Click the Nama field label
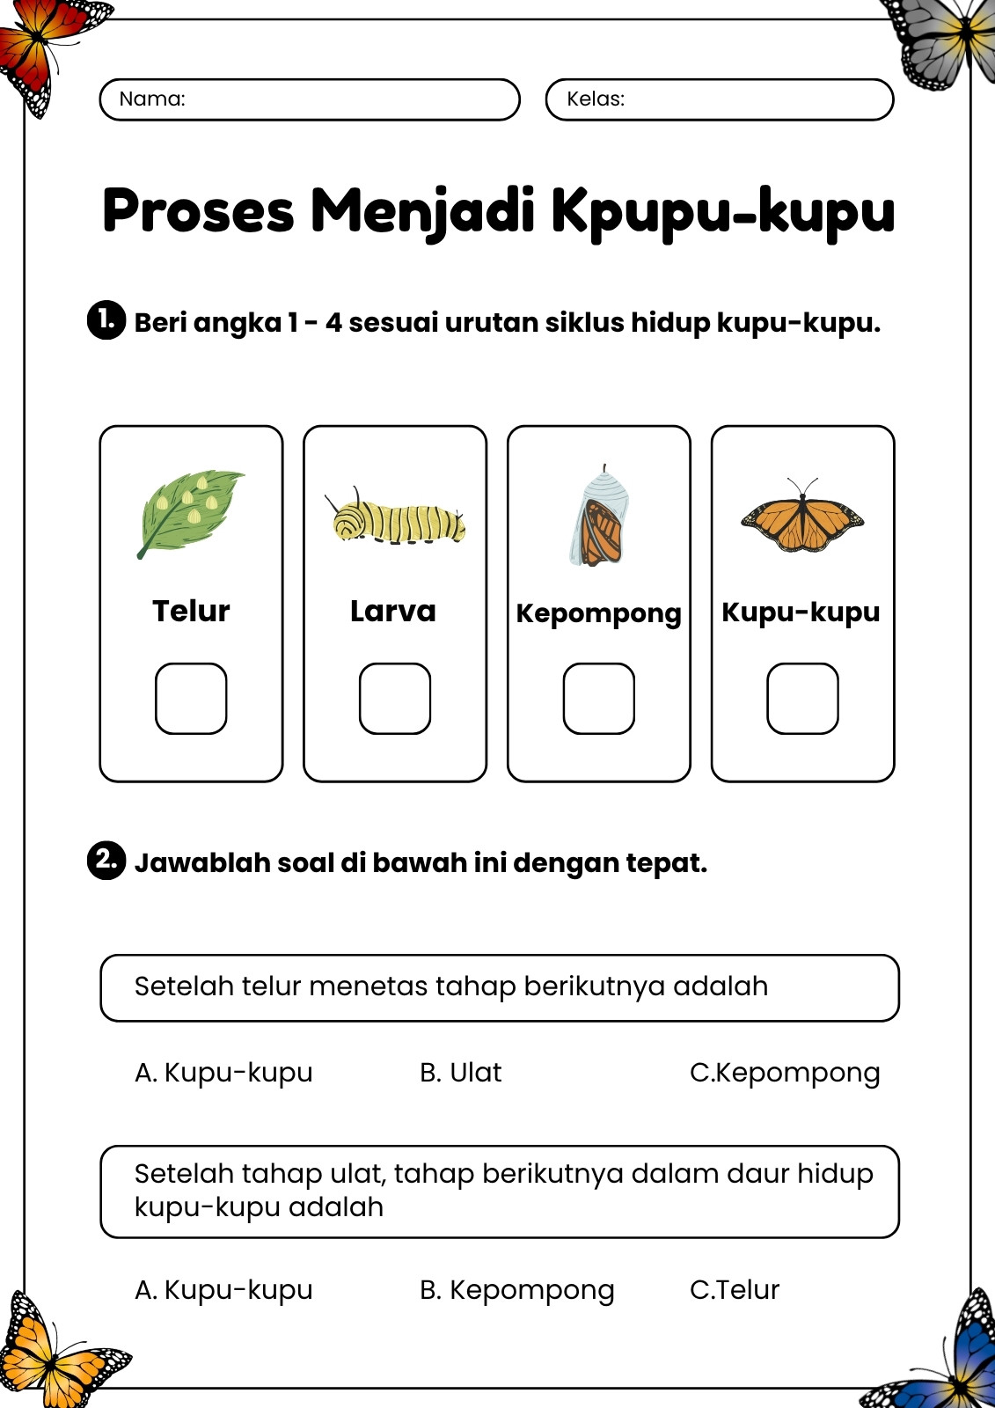[152, 99]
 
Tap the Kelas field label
[596, 99]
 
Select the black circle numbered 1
[106, 320]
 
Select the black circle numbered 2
[106, 861]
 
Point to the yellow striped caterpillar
[395, 518]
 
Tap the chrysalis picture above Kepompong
[598, 516]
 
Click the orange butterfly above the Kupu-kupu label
[802, 516]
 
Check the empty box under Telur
[191, 699]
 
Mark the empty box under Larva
[395, 699]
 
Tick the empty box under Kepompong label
[598, 699]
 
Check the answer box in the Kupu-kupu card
[802, 699]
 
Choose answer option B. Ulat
[461, 1073]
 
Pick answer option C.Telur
[734, 1290]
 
